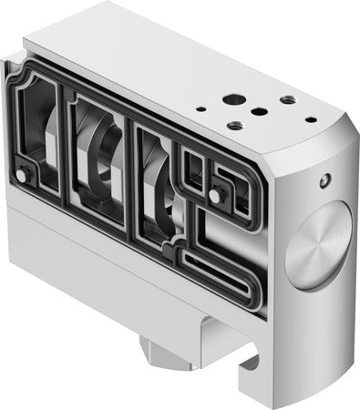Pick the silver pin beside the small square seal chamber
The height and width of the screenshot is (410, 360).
click(214, 194)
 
